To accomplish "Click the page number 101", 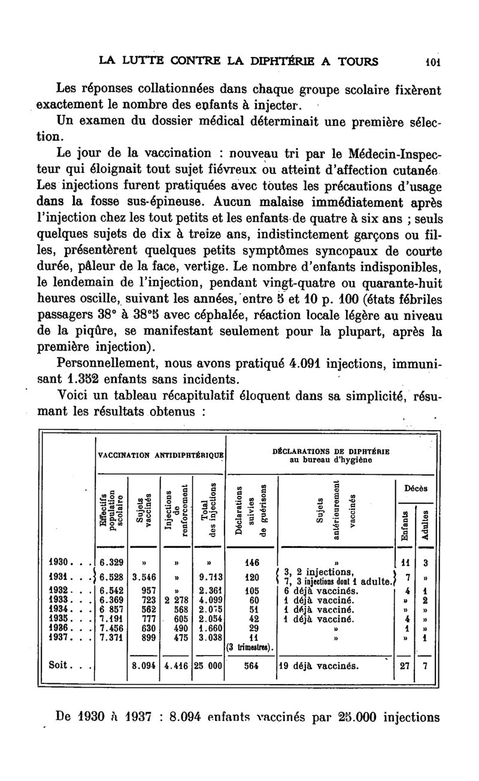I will point(430,62).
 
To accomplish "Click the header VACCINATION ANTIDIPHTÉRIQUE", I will point(161,456).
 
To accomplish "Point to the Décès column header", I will point(415,489).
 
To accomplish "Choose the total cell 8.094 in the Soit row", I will point(144,665).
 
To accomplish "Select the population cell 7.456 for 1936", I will point(111,628).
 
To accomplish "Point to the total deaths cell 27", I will point(405,665).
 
